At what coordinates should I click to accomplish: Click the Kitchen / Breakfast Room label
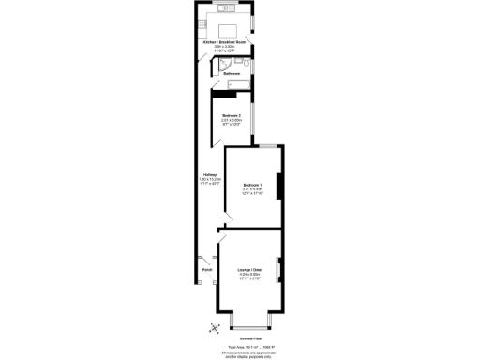click(x=225, y=42)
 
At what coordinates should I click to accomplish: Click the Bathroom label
click(x=232, y=73)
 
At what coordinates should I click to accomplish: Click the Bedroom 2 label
click(x=232, y=114)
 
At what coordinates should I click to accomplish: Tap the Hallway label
click(x=210, y=174)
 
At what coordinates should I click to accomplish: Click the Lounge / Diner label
click(x=248, y=268)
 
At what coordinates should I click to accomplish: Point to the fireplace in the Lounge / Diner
click(x=278, y=273)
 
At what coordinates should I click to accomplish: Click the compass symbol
click(x=214, y=326)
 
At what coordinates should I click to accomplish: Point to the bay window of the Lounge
click(x=247, y=322)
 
